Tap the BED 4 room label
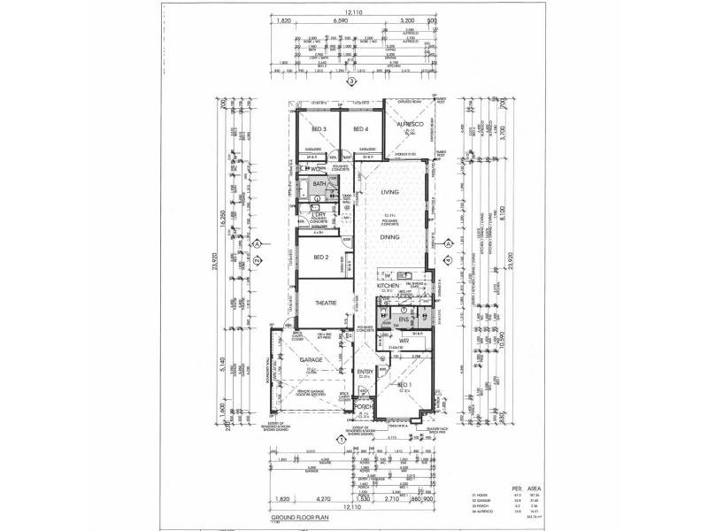[x=360, y=129]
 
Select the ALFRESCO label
[x=411, y=124]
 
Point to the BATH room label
[x=319, y=184]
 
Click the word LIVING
[x=390, y=192]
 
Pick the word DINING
[x=390, y=238]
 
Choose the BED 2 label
[x=320, y=258]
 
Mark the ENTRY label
[x=365, y=373]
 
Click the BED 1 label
[x=405, y=387]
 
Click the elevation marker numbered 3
[x=352, y=83]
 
